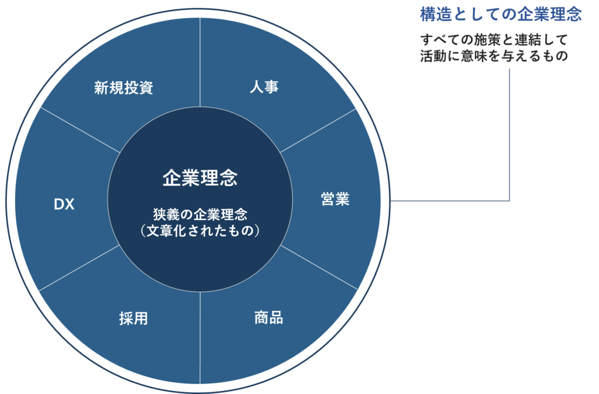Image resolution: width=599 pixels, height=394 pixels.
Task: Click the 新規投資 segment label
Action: [x=124, y=88]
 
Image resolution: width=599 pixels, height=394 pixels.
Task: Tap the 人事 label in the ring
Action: [x=264, y=87]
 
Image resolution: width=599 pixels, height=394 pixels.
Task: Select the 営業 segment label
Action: [x=335, y=199]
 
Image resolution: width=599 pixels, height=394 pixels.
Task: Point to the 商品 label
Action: [x=268, y=318]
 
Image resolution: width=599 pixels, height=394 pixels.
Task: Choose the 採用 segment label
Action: [x=133, y=318]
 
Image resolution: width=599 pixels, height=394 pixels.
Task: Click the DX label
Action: [x=64, y=204]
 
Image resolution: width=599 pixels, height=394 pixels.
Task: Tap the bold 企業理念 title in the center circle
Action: [x=200, y=178]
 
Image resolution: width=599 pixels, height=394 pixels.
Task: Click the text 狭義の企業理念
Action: [x=200, y=214]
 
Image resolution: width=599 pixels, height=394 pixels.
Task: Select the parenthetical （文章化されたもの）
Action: [x=200, y=231]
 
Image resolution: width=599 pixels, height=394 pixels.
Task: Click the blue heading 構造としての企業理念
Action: [x=501, y=15]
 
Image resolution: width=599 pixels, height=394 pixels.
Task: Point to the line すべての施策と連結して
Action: [x=494, y=40]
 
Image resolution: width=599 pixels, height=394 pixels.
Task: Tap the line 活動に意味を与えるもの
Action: [x=494, y=56]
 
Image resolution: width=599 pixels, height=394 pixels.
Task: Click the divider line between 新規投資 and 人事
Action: [x=200, y=62]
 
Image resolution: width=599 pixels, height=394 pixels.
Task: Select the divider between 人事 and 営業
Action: [x=318, y=131]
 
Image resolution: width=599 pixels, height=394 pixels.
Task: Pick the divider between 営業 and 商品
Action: [x=319, y=268]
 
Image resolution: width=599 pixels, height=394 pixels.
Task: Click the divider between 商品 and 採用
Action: [x=200, y=337]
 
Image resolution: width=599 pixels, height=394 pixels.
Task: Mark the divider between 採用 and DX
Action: [x=80, y=268]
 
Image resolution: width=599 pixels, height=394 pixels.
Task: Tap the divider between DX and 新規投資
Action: [x=80, y=130]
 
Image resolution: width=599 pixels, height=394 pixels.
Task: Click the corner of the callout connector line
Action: [x=510, y=200]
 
